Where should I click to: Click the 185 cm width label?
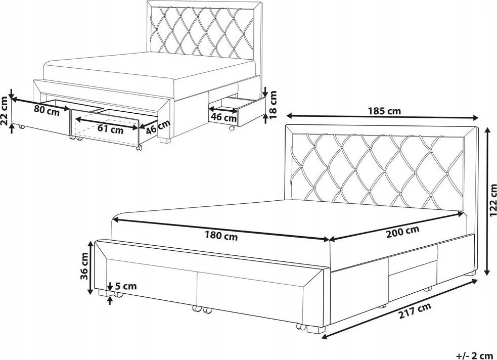coord(384,111)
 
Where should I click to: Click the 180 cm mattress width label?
coord(221,236)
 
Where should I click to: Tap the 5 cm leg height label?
coord(126,286)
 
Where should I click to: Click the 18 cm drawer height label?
coord(273,105)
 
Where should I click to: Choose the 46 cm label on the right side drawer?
coord(224,117)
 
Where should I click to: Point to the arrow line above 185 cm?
coord(382,117)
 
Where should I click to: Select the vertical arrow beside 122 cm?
coord(487,201)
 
